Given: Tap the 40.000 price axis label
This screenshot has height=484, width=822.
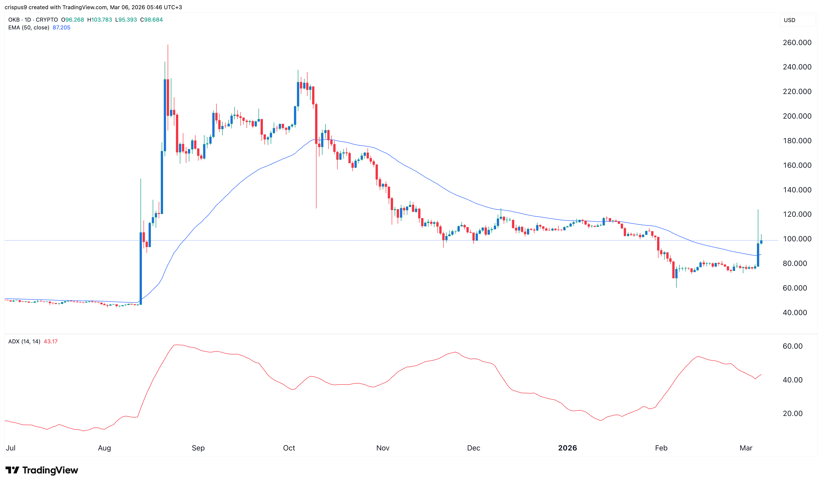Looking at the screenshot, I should point(795,313).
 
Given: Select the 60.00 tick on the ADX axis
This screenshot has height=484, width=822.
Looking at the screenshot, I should point(792,346).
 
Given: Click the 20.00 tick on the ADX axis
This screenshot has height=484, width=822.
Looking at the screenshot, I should point(792,413).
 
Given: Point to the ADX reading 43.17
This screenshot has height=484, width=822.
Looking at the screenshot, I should point(51,342).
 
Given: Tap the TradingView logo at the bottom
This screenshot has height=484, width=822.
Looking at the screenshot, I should point(42,470).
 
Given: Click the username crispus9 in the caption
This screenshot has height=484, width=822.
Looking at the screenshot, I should point(16,7).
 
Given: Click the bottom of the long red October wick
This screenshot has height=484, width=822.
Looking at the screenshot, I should point(316,208).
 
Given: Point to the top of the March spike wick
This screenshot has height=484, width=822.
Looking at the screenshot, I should point(758,210).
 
